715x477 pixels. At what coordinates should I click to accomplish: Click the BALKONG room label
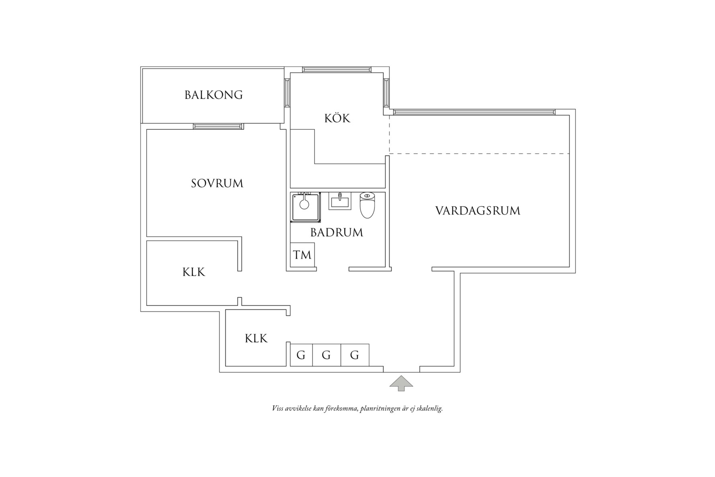tap(213, 95)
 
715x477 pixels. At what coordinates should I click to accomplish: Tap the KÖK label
tap(337, 119)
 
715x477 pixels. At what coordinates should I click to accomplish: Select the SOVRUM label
tap(217, 184)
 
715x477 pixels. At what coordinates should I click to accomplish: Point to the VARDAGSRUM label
tap(478, 211)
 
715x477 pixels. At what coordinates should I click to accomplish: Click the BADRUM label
tap(337, 233)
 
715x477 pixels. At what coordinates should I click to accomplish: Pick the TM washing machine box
tap(302, 255)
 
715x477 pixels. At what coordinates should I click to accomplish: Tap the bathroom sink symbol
tap(339, 201)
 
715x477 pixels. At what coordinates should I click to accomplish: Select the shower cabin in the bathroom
tap(306, 207)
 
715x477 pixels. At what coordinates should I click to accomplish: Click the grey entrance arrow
tap(401, 383)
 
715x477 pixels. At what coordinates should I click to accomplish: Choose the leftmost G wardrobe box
tap(301, 355)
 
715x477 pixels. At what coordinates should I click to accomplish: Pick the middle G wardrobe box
tap(326, 355)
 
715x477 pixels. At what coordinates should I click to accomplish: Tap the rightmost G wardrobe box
tap(355, 355)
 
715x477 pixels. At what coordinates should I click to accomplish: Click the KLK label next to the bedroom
tap(194, 272)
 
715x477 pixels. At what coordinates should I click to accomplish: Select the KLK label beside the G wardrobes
tap(256, 339)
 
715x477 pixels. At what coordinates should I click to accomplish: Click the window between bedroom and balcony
tap(218, 126)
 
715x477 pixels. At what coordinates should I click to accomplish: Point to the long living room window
tap(474, 112)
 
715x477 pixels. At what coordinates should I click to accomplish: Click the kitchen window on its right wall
tap(386, 93)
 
